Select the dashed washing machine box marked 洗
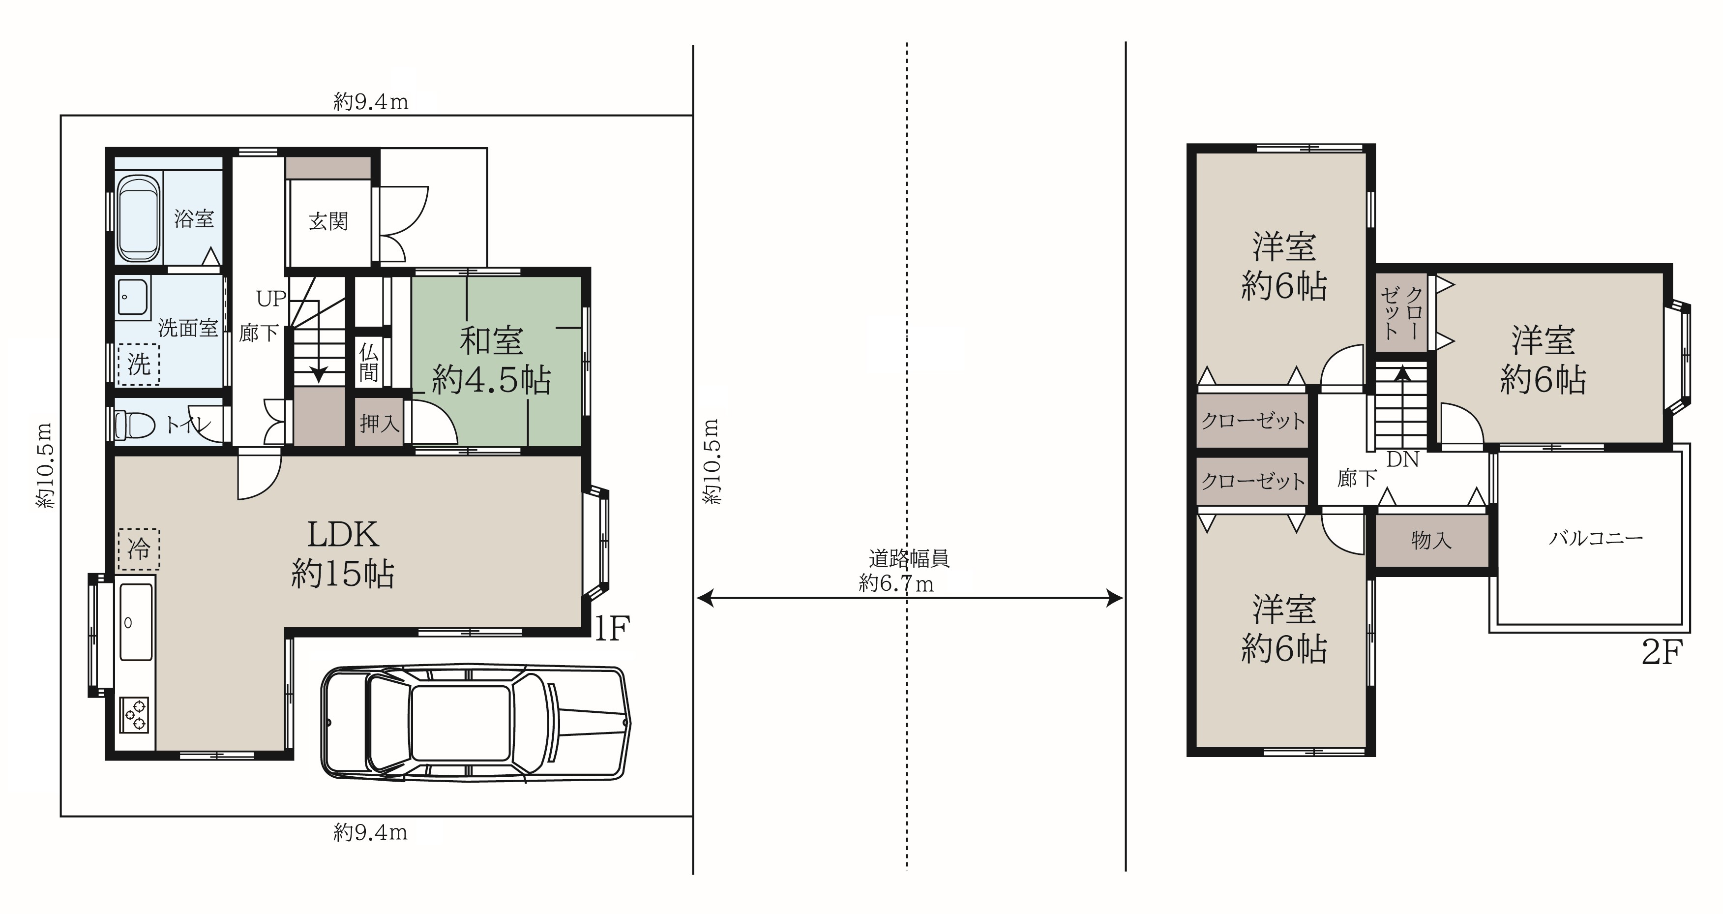(139, 365)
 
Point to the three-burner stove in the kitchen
(134, 715)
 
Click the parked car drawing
(475, 723)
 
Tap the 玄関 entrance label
(328, 221)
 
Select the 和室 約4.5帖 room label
(492, 361)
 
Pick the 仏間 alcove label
(368, 362)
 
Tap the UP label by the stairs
(271, 299)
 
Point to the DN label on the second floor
(1402, 459)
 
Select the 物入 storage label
(1431, 540)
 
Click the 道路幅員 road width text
(909, 558)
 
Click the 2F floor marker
(1662, 652)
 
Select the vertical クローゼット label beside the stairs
(1402, 312)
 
